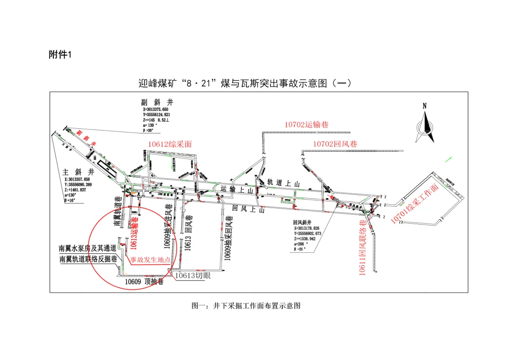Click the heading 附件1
[x=59, y=55]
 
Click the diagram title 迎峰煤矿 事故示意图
[x=245, y=84]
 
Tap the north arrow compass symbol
[x=425, y=124]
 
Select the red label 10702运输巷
[x=306, y=125]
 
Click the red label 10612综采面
[x=170, y=144]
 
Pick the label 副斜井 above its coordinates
[x=158, y=102]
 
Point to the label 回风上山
[x=248, y=209]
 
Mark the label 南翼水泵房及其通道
[x=87, y=248]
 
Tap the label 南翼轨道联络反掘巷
[x=88, y=259]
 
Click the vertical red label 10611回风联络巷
[x=363, y=248]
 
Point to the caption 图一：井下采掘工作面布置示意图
[x=246, y=306]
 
